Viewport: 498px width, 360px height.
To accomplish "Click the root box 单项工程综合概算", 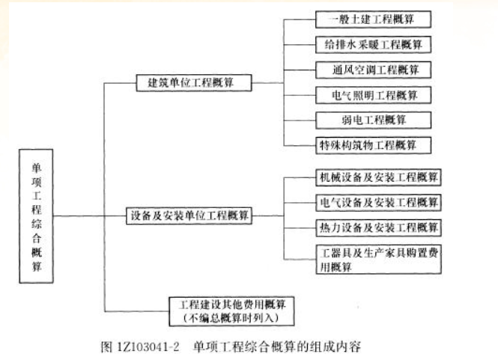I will tap(35, 216).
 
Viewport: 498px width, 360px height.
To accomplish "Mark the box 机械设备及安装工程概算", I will tap(377, 178).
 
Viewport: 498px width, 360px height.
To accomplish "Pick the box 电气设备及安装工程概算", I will tap(377, 202).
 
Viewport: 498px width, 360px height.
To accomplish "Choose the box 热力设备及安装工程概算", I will tap(377, 227).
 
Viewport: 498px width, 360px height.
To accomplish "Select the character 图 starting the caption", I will tap(106, 347).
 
